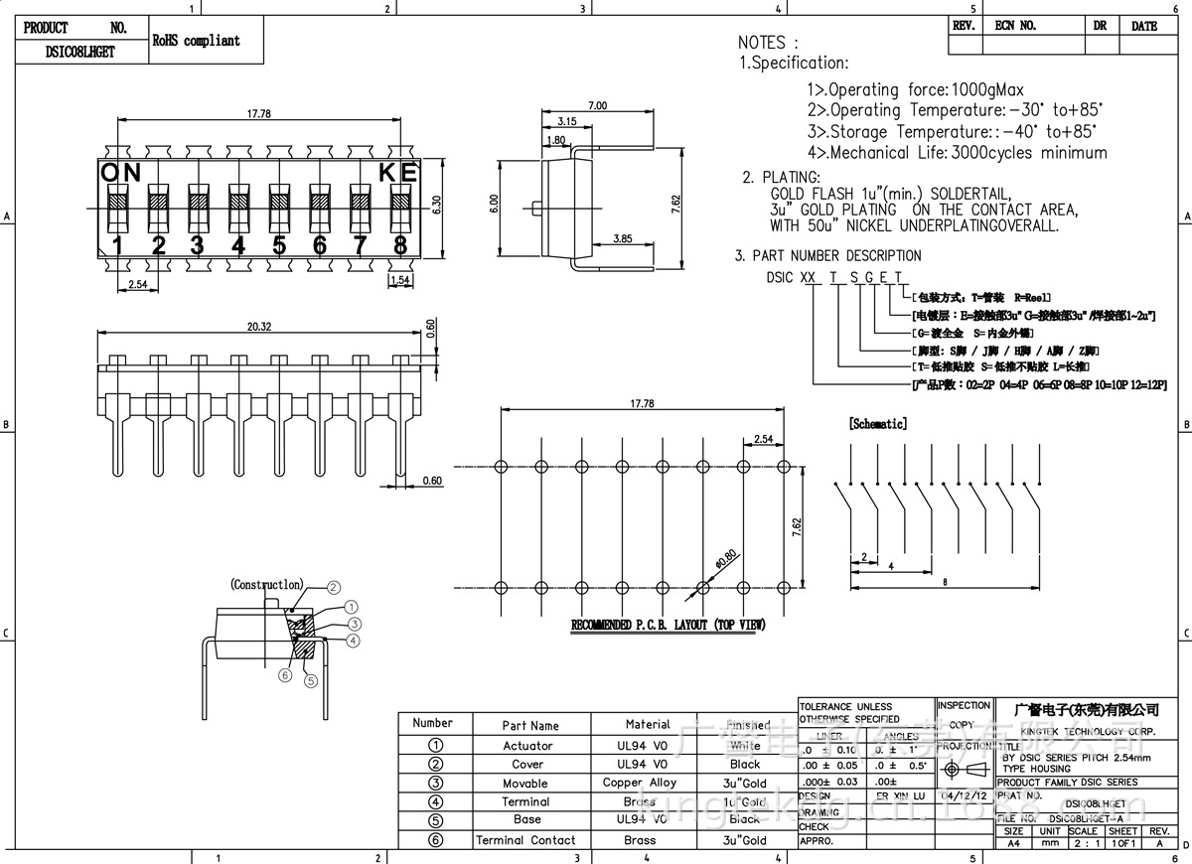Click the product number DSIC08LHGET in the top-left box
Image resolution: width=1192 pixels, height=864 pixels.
(x=80, y=53)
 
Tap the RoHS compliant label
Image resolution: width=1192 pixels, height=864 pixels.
(x=196, y=41)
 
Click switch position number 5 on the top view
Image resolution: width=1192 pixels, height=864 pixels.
(x=279, y=245)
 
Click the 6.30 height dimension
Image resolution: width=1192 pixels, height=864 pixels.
(x=435, y=206)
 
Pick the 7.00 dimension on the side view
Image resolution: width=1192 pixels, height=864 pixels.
(x=597, y=105)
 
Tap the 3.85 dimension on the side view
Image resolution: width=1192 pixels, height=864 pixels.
(x=623, y=238)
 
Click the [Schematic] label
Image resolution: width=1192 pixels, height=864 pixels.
(x=877, y=424)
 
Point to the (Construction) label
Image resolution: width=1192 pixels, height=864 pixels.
(x=266, y=585)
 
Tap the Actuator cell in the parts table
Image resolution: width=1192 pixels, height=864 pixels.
(x=527, y=746)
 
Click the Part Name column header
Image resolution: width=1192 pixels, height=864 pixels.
(x=530, y=726)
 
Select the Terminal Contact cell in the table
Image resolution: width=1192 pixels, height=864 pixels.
(x=525, y=840)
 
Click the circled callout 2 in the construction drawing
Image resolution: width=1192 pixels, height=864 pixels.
(x=334, y=587)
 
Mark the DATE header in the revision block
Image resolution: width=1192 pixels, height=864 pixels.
(x=1144, y=26)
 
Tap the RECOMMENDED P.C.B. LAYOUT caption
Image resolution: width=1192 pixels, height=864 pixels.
(x=668, y=626)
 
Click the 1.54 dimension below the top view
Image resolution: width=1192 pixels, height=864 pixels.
(x=400, y=281)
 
